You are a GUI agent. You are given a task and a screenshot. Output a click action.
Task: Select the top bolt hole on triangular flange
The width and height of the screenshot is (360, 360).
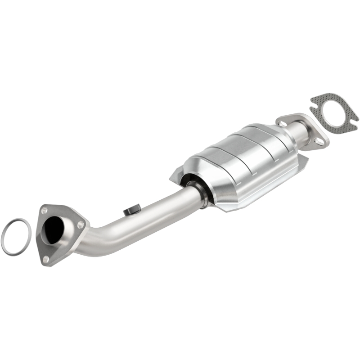tap(44, 210)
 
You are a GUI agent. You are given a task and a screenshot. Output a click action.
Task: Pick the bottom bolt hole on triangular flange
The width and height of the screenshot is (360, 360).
tap(46, 258)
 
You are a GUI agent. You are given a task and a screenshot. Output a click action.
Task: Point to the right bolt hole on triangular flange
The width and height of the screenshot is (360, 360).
tap(81, 224)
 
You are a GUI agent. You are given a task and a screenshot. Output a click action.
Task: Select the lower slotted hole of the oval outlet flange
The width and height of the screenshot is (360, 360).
tap(319, 141)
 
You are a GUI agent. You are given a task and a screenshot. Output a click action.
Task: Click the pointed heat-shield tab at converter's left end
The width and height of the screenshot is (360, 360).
tap(174, 177)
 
